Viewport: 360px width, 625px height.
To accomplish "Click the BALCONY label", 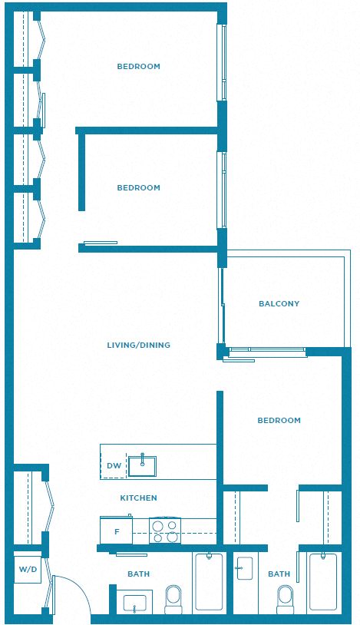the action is [279, 304].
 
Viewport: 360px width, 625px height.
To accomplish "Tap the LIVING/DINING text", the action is [138, 346].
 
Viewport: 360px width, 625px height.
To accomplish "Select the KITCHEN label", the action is [138, 498].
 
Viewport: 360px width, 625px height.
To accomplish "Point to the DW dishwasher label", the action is [114, 466].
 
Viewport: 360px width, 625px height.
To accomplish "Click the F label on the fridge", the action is [117, 532].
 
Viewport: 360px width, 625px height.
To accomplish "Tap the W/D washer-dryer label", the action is [28, 569].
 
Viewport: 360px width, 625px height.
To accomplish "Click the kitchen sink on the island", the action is [142, 466].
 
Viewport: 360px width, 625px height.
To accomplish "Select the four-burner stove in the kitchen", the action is [165, 531].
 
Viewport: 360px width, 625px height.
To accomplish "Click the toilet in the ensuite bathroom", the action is [285, 600].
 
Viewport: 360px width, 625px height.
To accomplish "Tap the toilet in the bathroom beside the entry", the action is [173, 600].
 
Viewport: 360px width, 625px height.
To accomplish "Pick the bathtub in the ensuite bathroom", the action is [323, 581].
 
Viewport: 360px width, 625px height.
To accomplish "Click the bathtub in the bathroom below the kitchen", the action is [209, 581].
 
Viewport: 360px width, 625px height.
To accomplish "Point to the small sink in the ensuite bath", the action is [244, 568].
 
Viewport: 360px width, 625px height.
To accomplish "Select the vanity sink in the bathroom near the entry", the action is [135, 604].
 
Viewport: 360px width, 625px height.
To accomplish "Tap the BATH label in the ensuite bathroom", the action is [279, 574].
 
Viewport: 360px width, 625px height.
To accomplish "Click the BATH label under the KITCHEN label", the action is [139, 574].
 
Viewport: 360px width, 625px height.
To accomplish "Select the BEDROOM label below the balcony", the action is [279, 421].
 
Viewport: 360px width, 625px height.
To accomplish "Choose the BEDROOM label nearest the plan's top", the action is [138, 67].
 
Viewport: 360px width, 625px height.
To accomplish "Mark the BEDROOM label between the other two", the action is [138, 188].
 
